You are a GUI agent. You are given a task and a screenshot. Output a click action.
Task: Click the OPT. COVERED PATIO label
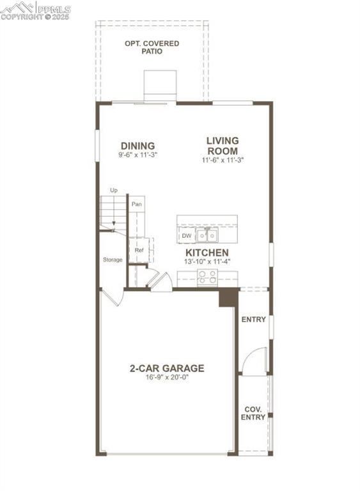click(x=152, y=47)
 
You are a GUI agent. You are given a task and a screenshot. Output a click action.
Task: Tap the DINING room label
click(x=137, y=146)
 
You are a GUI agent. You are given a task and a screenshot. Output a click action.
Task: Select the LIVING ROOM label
click(x=222, y=145)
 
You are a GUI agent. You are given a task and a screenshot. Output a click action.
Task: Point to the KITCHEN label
click(x=207, y=253)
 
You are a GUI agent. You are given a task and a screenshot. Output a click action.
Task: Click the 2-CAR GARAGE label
click(x=167, y=368)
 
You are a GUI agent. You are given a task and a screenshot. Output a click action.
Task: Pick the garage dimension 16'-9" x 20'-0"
click(x=167, y=377)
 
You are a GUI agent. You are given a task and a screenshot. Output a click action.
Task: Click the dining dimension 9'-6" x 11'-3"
click(x=137, y=155)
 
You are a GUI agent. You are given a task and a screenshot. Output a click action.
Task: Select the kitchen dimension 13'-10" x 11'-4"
click(x=207, y=261)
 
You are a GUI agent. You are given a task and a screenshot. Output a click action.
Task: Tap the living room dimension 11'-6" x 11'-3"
click(x=222, y=160)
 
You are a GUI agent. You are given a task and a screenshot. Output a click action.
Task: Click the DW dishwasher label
click(x=186, y=236)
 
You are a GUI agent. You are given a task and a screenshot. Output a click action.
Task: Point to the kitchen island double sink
click(x=207, y=236)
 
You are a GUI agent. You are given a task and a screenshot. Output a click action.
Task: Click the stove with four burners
click(x=207, y=277)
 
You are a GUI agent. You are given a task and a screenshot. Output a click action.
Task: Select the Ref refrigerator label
click(x=138, y=250)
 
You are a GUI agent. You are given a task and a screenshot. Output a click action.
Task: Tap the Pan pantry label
click(x=136, y=204)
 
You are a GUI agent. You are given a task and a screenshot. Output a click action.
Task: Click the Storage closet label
click(x=113, y=260)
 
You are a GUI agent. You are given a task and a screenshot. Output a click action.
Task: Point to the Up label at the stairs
click(x=114, y=190)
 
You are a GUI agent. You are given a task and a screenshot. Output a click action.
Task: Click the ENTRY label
click(x=253, y=320)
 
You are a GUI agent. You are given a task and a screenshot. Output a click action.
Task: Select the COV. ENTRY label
click(x=253, y=413)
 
